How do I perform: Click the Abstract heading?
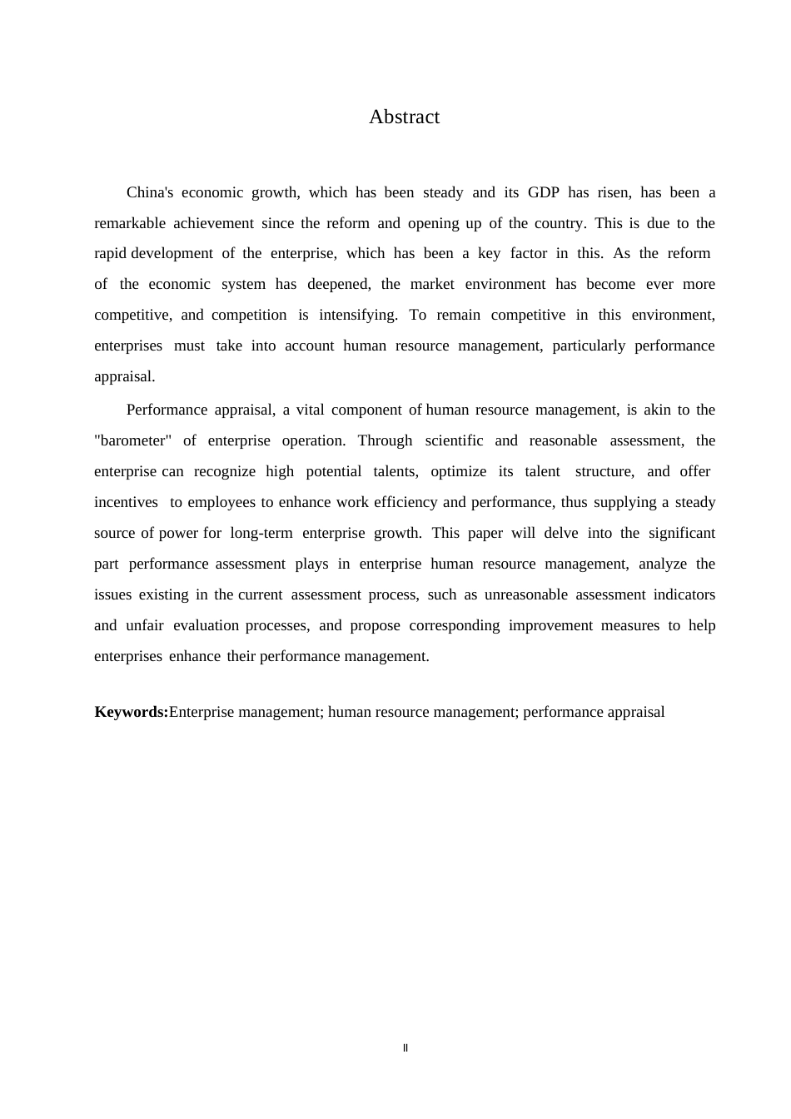404,117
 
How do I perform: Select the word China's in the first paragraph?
150,193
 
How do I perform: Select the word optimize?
458,472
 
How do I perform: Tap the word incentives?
126,503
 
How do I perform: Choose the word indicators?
684,595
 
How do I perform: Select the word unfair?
145,626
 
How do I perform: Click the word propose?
375,626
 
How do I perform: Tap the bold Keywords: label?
131,713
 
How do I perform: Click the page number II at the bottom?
405,1048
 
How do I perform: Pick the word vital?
306,410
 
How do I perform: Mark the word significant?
682,534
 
